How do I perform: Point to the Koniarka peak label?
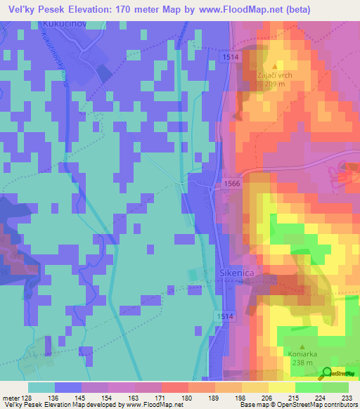pos(302,354)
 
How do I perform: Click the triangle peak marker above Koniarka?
pos(302,346)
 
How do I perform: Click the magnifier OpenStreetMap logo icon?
pos(327,373)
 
